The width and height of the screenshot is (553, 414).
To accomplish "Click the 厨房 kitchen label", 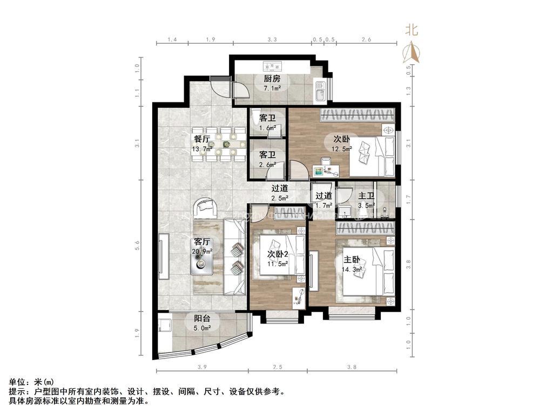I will pyautogui.click(x=272, y=79).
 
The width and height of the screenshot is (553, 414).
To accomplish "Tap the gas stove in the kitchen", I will pyautogui.click(x=271, y=67).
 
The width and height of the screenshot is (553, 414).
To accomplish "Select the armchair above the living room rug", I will pyautogui.click(x=206, y=208).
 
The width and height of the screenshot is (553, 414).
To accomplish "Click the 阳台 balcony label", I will pyautogui.click(x=203, y=319).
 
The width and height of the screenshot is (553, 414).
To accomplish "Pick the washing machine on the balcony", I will pyautogui.click(x=165, y=327).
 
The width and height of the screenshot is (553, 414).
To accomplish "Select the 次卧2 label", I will pyautogui.click(x=278, y=254).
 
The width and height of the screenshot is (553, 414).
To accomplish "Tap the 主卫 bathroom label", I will pyautogui.click(x=367, y=196).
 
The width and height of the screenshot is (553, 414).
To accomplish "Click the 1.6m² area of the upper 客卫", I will pyautogui.click(x=267, y=128).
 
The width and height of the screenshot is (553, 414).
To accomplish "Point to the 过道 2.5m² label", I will pyautogui.click(x=279, y=193).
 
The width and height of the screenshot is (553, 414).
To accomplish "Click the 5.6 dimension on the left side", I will pyautogui.click(x=138, y=245).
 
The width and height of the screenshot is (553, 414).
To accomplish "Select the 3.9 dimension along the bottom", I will pyautogui.click(x=202, y=367).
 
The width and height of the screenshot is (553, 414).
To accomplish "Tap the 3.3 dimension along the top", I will pyautogui.click(x=272, y=40).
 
